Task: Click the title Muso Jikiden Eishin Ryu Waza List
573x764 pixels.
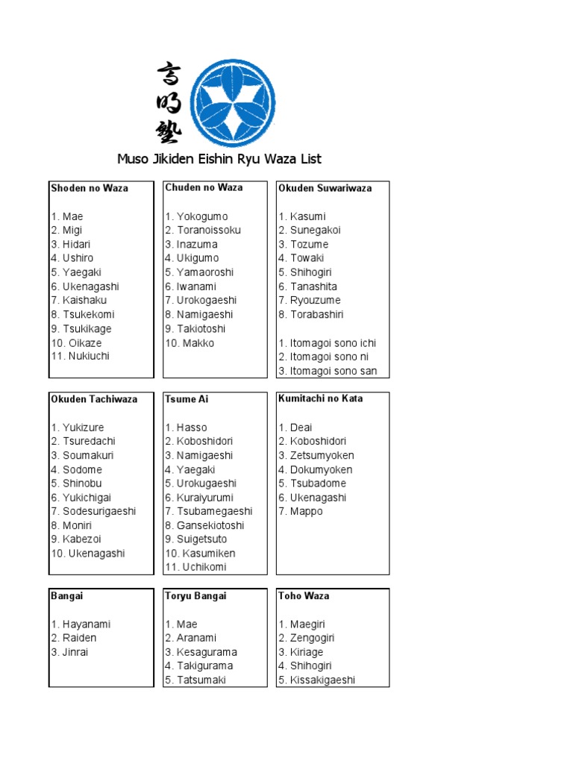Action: pyautogui.click(x=219, y=159)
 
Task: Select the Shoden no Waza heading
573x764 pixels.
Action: pyautogui.click(x=90, y=188)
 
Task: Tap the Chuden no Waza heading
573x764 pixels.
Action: pyautogui.click(x=204, y=187)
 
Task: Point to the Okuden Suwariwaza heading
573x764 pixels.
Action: pyautogui.click(x=325, y=188)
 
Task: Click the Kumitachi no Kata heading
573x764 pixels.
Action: pyautogui.click(x=321, y=398)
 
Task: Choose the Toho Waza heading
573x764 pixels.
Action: pyautogui.click(x=304, y=595)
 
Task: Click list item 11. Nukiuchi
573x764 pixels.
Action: pyautogui.click(x=81, y=357)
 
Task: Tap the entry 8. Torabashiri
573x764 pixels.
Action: pyautogui.click(x=311, y=315)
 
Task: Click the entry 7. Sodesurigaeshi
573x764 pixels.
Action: pyautogui.click(x=94, y=511)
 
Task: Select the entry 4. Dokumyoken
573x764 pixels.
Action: pyautogui.click(x=316, y=469)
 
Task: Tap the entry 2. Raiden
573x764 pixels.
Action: pyautogui.click(x=74, y=638)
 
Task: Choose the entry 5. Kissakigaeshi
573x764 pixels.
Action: pyautogui.click(x=317, y=680)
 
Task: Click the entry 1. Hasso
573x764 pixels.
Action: pyautogui.click(x=187, y=428)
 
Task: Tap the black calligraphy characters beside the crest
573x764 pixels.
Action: pyautogui.click(x=169, y=104)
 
